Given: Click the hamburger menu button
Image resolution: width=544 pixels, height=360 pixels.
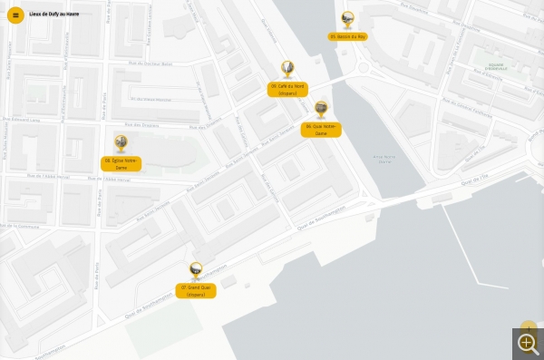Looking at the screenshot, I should [x=15, y=15].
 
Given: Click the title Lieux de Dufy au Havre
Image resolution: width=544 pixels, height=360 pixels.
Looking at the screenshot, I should [x=54, y=15].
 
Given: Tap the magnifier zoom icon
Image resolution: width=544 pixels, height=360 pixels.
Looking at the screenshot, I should [x=527, y=343].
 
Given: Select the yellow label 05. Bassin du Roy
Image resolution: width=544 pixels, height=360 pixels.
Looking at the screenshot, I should [x=347, y=36].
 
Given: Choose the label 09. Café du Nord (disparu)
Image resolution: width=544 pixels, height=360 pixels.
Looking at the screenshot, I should [x=287, y=89].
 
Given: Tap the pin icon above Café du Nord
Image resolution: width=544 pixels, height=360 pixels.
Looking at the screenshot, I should [x=287, y=69].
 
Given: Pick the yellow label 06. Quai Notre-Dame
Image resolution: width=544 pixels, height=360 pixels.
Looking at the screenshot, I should [x=321, y=130].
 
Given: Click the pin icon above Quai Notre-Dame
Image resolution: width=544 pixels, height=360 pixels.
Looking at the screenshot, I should [x=321, y=109].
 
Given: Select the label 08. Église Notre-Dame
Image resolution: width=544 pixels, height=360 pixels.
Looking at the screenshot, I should [x=121, y=163].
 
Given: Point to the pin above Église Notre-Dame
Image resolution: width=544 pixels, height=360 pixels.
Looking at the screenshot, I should [x=121, y=143].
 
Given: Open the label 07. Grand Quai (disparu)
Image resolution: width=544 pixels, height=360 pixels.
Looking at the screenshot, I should [x=196, y=290].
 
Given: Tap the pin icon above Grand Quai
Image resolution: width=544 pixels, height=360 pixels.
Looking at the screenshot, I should [x=196, y=270].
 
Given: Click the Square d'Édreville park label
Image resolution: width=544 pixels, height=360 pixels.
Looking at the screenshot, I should [x=497, y=68].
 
